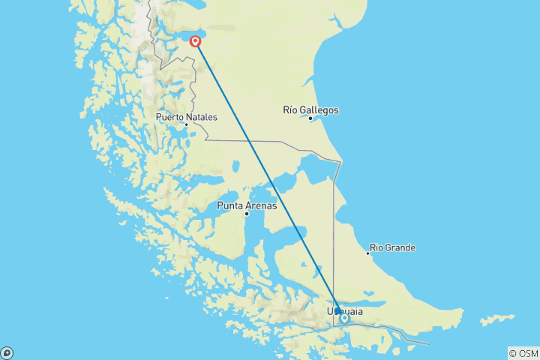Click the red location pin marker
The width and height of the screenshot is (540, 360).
coord(196,41)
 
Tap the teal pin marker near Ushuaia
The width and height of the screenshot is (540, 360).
coord(344,318)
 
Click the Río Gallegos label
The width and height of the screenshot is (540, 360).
coord(310,110)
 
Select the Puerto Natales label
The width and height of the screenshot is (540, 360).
coord(187,118)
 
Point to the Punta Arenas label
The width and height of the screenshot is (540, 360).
coord(247,205)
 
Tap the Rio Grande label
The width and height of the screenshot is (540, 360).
coord(392,247)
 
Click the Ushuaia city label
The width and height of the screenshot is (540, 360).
coord(346,310)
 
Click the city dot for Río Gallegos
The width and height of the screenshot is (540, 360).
coord(310,118)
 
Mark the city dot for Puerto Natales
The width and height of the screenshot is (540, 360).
coord(187,125)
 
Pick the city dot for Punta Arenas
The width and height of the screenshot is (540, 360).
coord(247,214)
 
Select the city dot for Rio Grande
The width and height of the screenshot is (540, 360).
coord(367,253)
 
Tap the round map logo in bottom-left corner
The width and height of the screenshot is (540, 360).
coord(7,352)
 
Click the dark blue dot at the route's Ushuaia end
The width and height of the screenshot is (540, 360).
coord(338,310)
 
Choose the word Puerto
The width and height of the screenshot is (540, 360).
coord(170,118)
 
